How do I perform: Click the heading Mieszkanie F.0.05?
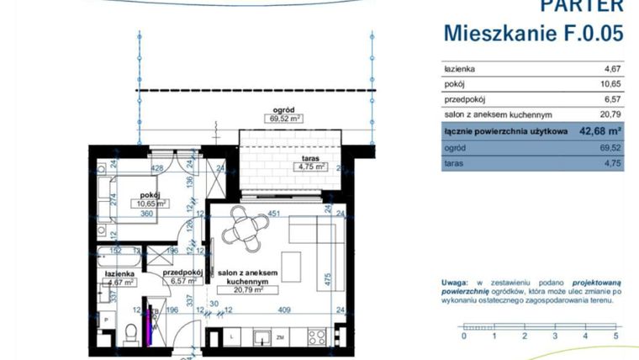[x=533, y=33]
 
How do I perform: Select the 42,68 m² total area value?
[x=598, y=131]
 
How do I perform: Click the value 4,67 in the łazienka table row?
[x=611, y=69]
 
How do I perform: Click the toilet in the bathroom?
[x=126, y=336]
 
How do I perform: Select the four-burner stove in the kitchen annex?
[x=316, y=336]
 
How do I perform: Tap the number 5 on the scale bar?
[x=616, y=336]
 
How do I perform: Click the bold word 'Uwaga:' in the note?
[x=457, y=283]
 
